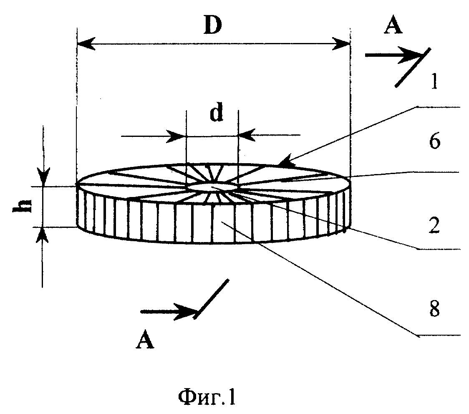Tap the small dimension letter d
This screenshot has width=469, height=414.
216,114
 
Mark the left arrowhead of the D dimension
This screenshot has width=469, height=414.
86,43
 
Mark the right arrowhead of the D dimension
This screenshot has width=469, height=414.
341,44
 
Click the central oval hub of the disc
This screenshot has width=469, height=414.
212,187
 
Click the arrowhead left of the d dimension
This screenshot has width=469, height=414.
176,136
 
